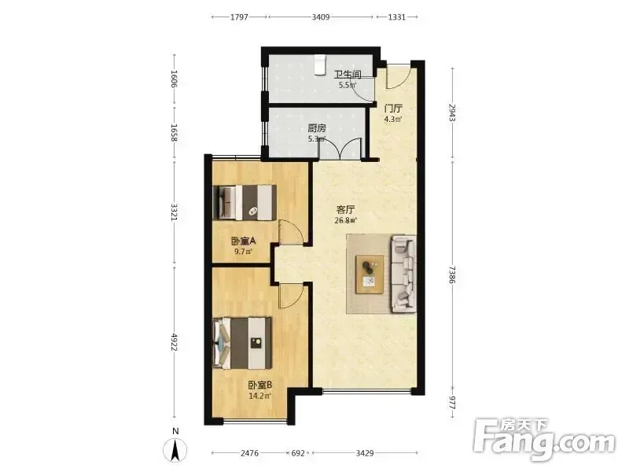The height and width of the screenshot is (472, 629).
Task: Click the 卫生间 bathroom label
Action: click(x=348, y=75)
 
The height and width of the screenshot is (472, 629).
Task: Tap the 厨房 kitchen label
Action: click(x=317, y=128)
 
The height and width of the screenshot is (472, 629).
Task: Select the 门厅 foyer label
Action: click(x=393, y=109)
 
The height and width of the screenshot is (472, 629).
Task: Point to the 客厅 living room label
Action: click(x=345, y=209)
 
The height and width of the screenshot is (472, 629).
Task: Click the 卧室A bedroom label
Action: click(x=244, y=242)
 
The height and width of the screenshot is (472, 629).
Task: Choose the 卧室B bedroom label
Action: click(x=260, y=385)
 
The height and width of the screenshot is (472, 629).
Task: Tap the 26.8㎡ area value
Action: click(x=345, y=220)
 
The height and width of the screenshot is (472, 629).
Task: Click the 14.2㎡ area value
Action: click(x=260, y=396)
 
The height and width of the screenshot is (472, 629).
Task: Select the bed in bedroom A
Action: click(x=245, y=202)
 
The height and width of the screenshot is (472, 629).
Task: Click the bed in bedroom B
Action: click(x=242, y=343)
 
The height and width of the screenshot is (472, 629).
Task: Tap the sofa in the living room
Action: click(x=403, y=274)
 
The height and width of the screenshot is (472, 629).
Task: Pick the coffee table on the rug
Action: click(x=370, y=275)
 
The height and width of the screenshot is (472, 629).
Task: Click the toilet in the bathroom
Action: click(x=319, y=65)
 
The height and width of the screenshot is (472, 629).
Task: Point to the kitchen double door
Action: click(x=340, y=149)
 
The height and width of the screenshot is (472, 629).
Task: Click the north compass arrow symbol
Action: click(x=175, y=450)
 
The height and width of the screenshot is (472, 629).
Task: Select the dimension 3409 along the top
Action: click(x=321, y=17)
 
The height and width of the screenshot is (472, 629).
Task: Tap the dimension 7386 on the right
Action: click(x=453, y=275)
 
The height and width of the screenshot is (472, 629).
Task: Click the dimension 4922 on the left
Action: click(x=174, y=342)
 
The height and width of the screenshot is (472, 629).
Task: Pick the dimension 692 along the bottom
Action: click(x=298, y=453)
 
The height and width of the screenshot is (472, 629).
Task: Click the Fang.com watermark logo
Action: click(x=544, y=440)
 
